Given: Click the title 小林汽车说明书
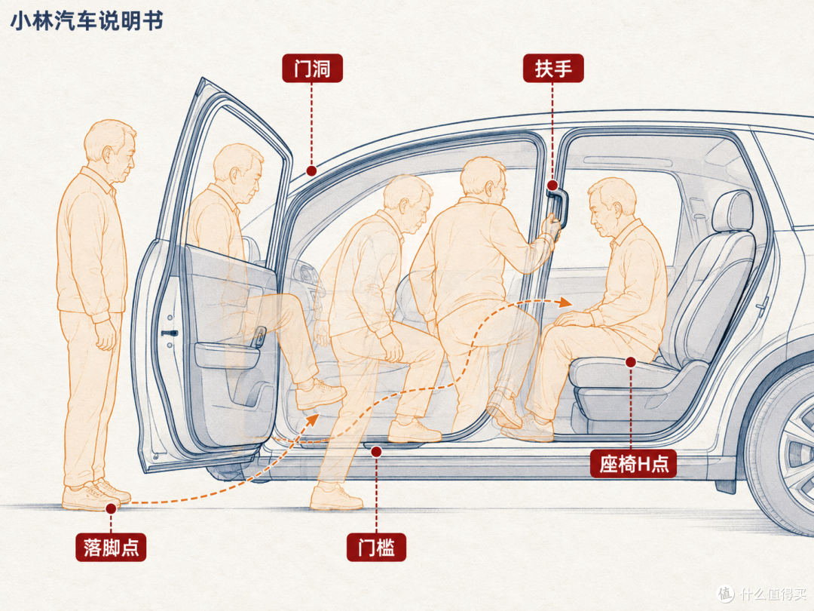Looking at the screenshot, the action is click(x=87, y=21).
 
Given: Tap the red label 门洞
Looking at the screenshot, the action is click(x=312, y=68).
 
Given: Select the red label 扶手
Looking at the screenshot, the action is click(x=553, y=68).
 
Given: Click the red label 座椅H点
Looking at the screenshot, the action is click(x=633, y=463).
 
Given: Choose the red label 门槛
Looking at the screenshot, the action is click(x=376, y=547).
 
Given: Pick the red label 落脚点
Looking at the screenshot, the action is click(x=111, y=547).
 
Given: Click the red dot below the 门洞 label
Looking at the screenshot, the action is click(x=311, y=170).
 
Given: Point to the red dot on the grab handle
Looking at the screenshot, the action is click(x=552, y=186).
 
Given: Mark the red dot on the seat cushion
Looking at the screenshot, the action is click(x=631, y=362).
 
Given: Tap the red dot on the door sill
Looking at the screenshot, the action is click(x=376, y=452).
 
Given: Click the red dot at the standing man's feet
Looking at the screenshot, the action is click(x=111, y=508).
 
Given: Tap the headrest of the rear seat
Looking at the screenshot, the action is click(x=733, y=211).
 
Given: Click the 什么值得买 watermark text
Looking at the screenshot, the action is click(x=773, y=594).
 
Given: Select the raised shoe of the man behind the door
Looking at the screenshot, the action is click(x=320, y=395).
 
